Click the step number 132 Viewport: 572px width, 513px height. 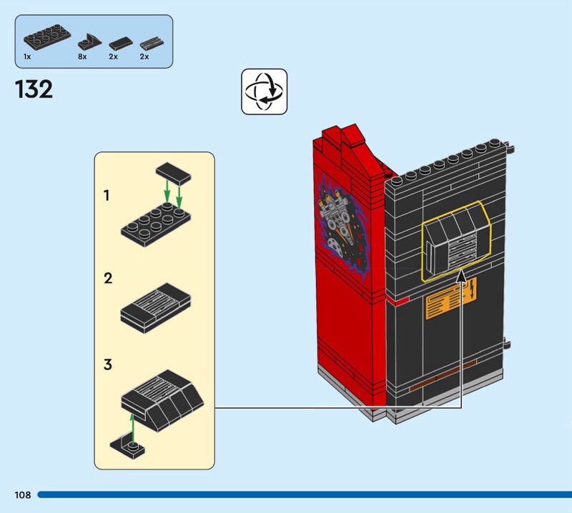click(34, 90)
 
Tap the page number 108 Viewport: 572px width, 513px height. click(23, 494)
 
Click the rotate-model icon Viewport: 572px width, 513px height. click(264, 91)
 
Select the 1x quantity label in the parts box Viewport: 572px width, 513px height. click(27, 56)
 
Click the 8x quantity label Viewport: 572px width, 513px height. click(82, 56)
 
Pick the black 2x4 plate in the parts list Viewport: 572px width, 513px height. click(47, 36)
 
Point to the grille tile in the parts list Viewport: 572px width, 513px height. click(152, 43)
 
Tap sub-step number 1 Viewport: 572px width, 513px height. click(106, 196)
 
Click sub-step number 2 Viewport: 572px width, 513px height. click(108, 278)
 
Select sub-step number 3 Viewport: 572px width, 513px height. click(108, 364)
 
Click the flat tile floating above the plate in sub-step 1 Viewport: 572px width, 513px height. click(173, 173)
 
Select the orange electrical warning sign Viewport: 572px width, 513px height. click(452, 298)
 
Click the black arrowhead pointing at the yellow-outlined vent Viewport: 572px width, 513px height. click(461, 276)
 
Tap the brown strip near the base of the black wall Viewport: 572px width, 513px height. click(443, 375)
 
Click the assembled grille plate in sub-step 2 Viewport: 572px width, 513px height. click(156, 307)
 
